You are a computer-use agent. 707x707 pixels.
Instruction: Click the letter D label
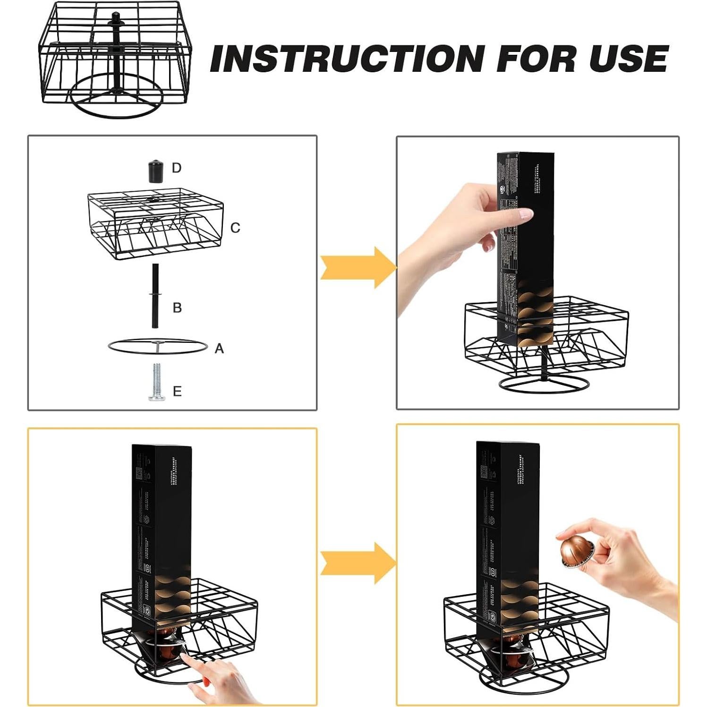tap(177, 168)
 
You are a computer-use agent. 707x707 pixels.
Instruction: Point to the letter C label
tap(235, 228)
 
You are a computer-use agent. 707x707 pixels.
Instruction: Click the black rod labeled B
tap(155, 296)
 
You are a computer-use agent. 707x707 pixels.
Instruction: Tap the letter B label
tap(177, 308)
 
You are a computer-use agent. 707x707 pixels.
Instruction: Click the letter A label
tap(219, 349)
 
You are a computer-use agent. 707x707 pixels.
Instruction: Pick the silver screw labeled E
tap(156, 382)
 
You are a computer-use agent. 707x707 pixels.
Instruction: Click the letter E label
tap(177, 392)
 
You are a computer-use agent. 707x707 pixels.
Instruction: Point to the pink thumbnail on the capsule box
tap(526, 215)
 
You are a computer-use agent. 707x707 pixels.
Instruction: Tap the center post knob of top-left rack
tap(115, 19)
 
